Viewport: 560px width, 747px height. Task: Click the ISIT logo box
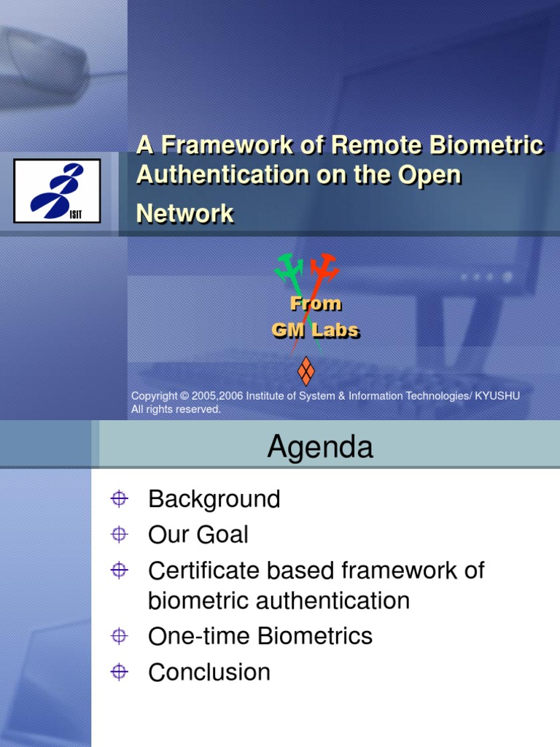(x=57, y=191)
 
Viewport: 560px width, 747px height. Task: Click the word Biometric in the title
(x=496, y=146)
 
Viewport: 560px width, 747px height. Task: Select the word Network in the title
(x=185, y=214)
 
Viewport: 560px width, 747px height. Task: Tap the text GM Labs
(x=315, y=330)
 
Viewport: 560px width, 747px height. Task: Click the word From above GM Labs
(x=316, y=303)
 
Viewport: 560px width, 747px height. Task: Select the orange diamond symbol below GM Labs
(x=306, y=371)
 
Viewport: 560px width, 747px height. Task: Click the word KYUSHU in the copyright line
(x=499, y=395)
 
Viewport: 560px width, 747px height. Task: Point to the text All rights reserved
(x=176, y=409)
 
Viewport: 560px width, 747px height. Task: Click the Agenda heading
(x=320, y=446)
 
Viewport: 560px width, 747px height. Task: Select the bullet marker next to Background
(x=120, y=500)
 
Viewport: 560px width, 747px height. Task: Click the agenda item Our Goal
(x=198, y=535)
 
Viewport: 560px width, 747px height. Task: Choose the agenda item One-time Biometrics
(x=260, y=636)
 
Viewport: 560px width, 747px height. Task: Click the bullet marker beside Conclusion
(x=120, y=672)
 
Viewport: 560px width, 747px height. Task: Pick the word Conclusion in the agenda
(x=209, y=672)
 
